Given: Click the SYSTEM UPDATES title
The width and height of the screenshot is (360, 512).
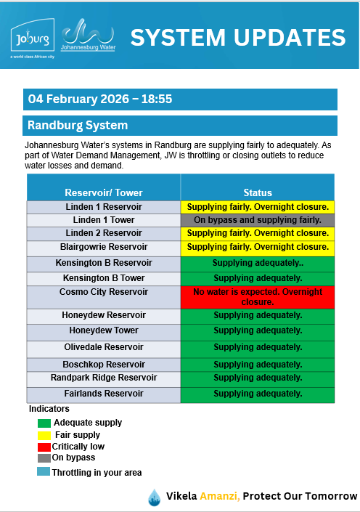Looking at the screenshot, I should pos(237,38).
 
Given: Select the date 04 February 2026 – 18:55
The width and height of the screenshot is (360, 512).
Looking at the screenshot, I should pos(100,99).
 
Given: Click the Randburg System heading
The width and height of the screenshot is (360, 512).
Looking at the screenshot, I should pos(78,126).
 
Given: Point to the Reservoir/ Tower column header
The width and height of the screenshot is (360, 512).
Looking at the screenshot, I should pos(104,192).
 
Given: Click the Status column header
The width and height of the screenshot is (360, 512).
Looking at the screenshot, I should pos(258,192).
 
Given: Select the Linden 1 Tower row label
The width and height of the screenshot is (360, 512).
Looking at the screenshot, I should pos(104,220).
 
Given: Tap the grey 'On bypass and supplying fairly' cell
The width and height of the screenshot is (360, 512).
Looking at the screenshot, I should pos(258,220).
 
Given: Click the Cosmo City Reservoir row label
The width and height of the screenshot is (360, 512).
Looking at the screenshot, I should pos(104,292).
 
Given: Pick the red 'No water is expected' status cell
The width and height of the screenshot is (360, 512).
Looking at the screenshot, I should pos(258,296).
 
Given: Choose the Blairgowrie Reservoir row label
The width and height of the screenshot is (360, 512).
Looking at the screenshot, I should pos(104,247).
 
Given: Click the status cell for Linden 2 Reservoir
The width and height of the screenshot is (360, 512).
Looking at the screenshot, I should pos(258,233).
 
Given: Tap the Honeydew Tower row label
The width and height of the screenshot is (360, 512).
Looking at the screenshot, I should pos(104,330).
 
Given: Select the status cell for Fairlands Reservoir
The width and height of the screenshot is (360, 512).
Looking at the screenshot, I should pos(258,394).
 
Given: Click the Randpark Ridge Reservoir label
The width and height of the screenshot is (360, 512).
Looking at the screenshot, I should pos(104,378).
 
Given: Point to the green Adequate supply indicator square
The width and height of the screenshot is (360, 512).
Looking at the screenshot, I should pos(44,423).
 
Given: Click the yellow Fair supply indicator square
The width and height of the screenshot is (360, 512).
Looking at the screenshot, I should pos(44,435).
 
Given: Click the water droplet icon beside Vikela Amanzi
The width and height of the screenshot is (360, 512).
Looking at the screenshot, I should pos(154,497).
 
